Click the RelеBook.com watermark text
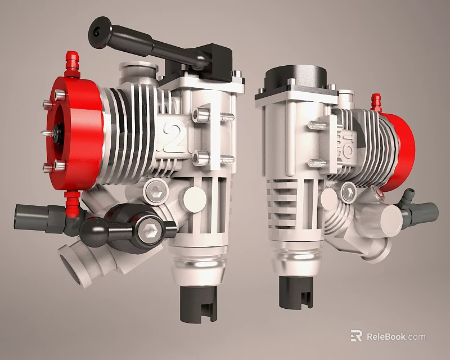click(396, 337)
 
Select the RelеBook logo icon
click(356, 336)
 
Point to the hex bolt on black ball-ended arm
click(150, 231)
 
